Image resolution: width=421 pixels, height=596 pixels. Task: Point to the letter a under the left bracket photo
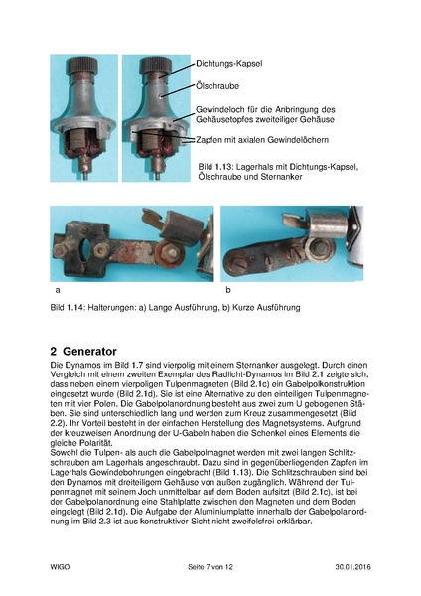[57, 290]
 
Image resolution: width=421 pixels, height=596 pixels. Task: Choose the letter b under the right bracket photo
[228, 290]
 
